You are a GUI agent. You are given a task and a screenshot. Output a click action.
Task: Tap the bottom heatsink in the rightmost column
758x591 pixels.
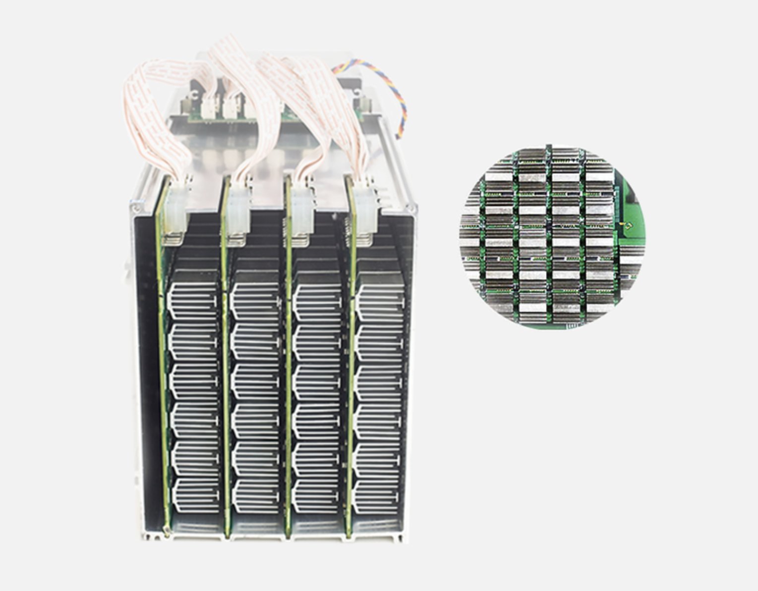[x=378, y=497]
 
